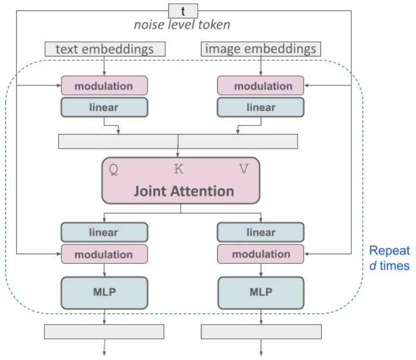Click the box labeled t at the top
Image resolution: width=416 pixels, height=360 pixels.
point(183,11)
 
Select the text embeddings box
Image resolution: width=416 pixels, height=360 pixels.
point(105,49)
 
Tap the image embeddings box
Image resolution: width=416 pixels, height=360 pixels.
point(261,49)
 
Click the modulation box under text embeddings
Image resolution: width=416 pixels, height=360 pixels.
point(104,85)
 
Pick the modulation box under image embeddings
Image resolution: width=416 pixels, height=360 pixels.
point(261,85)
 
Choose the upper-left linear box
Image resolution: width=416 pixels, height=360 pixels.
point(104,107)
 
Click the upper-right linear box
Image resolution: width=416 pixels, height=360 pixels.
point(261,107)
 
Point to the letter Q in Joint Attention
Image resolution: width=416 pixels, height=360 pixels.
point(114,169)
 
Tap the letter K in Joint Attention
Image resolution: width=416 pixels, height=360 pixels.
point(179,169)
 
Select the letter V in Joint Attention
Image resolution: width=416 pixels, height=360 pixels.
point(244,169)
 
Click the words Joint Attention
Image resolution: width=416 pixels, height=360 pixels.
point(184,191)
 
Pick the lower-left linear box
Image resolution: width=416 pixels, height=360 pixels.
point(104,232)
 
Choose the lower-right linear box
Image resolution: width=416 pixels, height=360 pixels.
point(261,232)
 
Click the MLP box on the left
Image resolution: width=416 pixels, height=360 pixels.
point(104,293)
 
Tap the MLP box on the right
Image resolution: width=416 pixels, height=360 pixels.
point(261,293)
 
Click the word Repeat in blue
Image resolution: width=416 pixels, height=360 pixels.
point(389,251)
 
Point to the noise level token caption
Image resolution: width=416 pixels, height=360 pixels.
point(182,24)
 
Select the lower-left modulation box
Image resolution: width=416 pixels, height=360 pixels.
point(104,254)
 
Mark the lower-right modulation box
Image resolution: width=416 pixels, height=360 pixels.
point(261,254)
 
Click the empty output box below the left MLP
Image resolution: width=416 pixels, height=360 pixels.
point(104,332)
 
